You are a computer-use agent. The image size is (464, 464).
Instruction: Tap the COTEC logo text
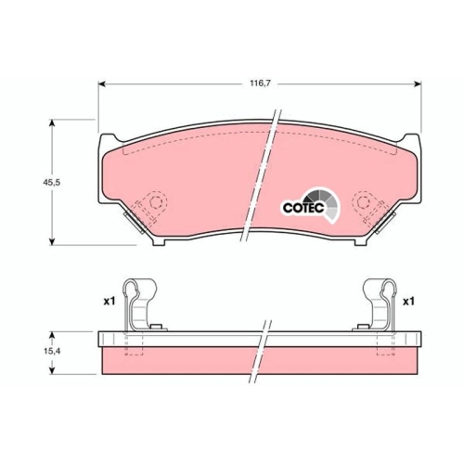[x=301, y=207]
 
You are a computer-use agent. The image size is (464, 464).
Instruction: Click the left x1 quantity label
[x=109, y=302]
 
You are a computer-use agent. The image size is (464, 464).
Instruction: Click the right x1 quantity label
[x=408, y=302]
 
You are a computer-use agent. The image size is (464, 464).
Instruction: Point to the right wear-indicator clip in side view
[x=377, y=301]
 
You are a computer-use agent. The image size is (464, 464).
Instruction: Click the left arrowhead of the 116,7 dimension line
[x=101, y=84]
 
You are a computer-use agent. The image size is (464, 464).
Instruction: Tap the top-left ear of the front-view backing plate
[x=105, y=145]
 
